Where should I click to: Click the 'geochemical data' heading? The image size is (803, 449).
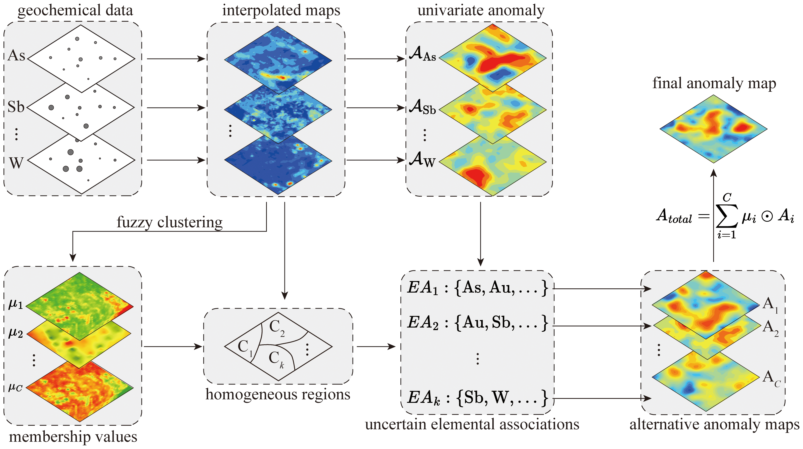pos(75,10)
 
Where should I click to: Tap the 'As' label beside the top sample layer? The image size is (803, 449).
pos(16,56)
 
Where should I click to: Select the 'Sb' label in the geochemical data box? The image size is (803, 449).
pos(16,107)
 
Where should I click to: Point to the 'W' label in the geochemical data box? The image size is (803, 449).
pos(16,163)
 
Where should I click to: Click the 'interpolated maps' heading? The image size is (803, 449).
pos(281,10)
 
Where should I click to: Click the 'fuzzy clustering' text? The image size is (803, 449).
pos(170,222)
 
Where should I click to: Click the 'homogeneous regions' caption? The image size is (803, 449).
pos(278,394)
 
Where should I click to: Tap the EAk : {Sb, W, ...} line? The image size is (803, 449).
pos(477,398)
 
